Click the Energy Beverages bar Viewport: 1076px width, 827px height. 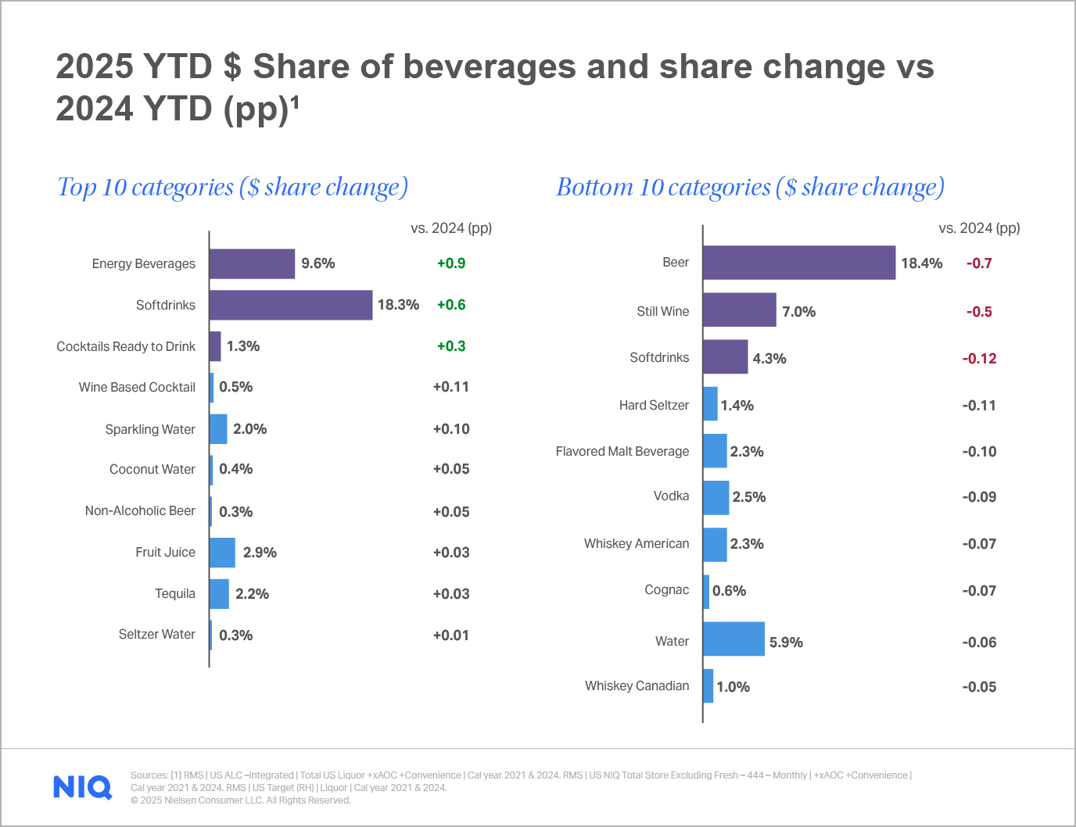click(x=252, y=264)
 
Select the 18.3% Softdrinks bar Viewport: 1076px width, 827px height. click(x=291, y=305)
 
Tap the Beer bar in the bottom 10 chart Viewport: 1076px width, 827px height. click(x=798, y=263)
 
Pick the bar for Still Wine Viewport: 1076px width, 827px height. click(x=739, y=310)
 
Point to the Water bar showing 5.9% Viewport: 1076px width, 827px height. click(x=733, y=639)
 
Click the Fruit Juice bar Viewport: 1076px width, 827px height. click(x=222, y=553)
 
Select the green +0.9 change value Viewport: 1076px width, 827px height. click(x=451, y=263)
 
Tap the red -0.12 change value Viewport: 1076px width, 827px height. click(x=979, y=359)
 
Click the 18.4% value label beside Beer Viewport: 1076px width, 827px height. click(x=921, y=263)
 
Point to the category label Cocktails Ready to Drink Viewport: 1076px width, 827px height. click(x=126, y=346)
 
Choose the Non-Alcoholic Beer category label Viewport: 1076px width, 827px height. click(x=140, y=510)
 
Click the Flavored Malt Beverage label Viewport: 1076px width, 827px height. click(x=622, y=451)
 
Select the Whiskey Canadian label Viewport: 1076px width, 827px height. click(x=637, y=686)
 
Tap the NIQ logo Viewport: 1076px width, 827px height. click(x=82, y=787)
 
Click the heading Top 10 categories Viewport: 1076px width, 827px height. click(x=232, y=188)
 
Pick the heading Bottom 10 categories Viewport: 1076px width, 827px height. click(x=750, y=188)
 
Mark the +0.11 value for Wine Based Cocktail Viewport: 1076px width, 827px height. click(x=451, y=387)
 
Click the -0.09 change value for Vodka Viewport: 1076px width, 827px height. click(x=979, y=497)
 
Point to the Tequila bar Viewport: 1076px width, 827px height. click(x=219, y=594)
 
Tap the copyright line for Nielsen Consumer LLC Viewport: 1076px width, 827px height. click(x=241, y=800)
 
